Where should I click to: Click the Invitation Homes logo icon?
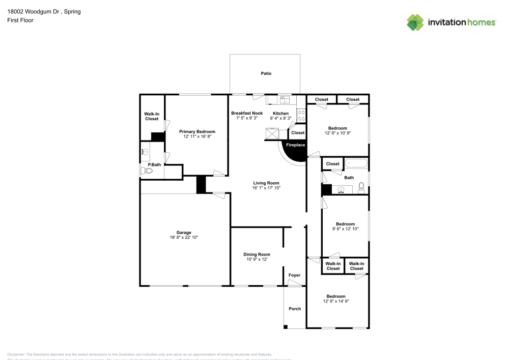tap(415, 22)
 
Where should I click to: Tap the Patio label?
tap(266, 73)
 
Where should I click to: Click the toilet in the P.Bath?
tap(148, 171)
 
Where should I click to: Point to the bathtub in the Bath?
tap(356, 164)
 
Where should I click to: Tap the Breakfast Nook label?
tap(247, 113)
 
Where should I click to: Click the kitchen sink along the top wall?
tap(284, 99)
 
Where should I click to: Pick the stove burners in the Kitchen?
tap(301, 116)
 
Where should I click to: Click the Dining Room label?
tap(257, 254)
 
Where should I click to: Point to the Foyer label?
tap(294, 275)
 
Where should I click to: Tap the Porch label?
tap(295, 309)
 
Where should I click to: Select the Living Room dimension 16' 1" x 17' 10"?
tap(266, 188)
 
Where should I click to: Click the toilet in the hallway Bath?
tap(361, 188)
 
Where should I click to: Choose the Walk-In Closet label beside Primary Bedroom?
tap(152, 117)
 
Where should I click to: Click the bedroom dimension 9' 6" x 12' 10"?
tap(345, 229)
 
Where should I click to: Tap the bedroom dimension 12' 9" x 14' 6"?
tap(336, 301)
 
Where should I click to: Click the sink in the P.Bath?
tap(145, 152)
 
